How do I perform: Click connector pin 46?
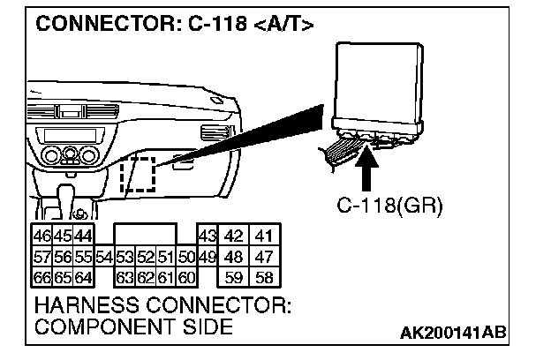point(41,236)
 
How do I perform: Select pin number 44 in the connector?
point(83,236)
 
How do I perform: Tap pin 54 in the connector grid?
point(103,258)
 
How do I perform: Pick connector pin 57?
point(41,258)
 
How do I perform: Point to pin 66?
point(41,279)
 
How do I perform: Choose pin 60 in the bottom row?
point(185,279)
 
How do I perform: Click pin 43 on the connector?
point(208,236)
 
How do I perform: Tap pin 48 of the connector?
point(235,258)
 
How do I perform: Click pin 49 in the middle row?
point(208,258)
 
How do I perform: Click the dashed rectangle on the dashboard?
point(137,175)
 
